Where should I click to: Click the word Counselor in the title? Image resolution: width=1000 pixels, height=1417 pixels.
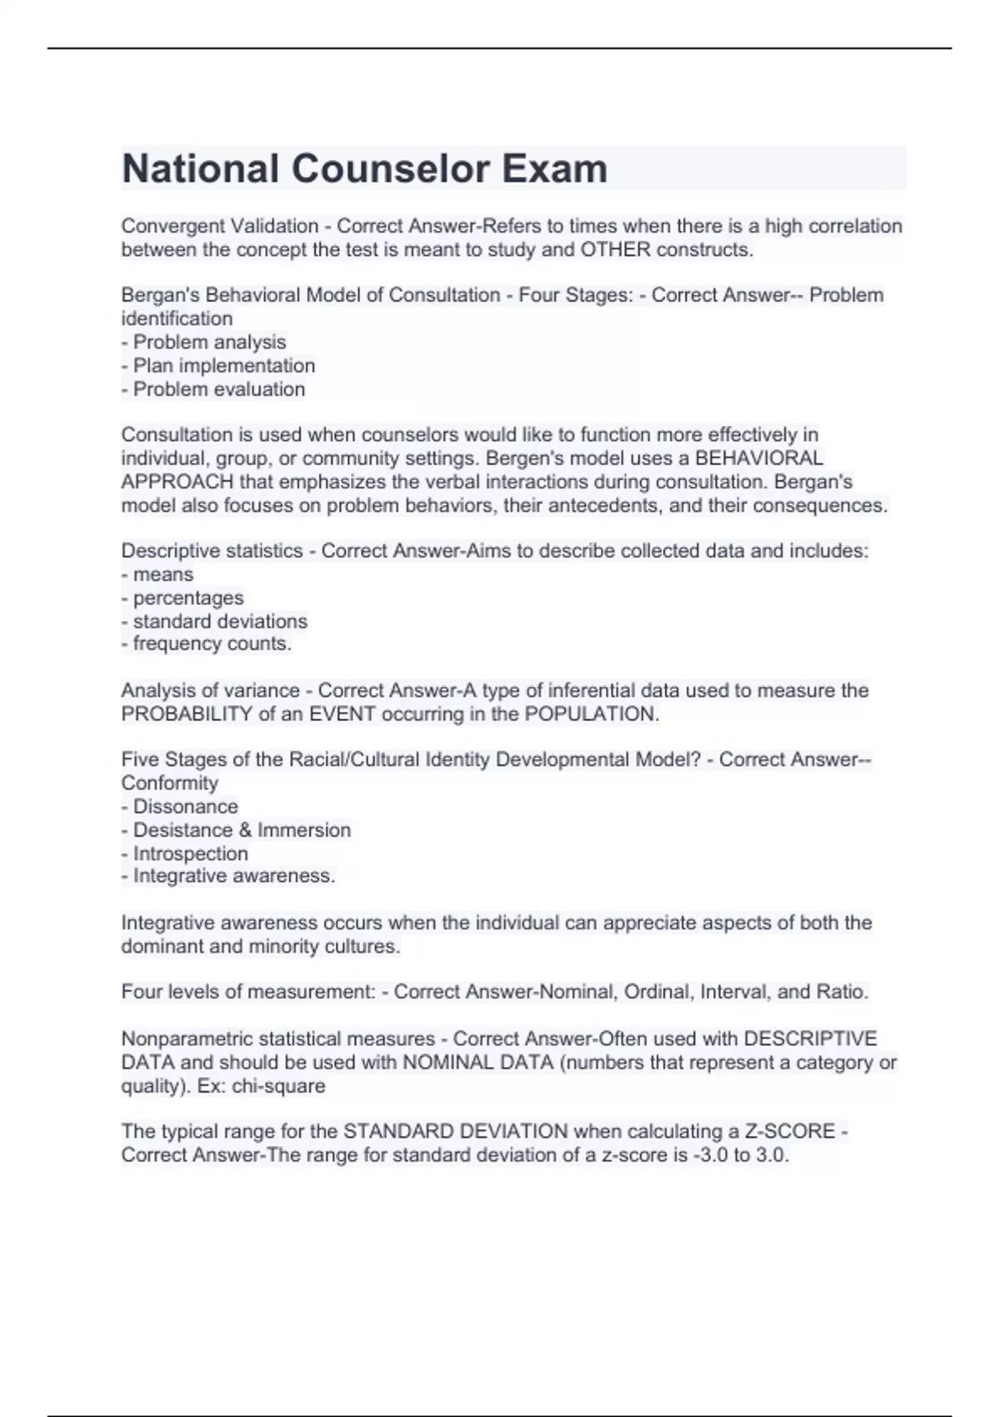tap(389, 169)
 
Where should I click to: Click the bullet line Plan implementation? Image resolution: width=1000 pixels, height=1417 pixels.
tap(223, 365)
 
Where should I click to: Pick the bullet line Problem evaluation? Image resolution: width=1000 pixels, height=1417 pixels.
tap(218, 388)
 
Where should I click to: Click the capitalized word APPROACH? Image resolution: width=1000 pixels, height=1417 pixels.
tap(177, 482)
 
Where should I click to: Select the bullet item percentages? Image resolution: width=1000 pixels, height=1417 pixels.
tap(188, 598)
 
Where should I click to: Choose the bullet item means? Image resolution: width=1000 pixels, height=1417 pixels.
tap(162, 574)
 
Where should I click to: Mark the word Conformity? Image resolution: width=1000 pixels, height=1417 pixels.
tap(169, 783)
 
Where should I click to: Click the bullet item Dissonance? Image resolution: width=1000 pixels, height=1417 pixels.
tap(185, 806)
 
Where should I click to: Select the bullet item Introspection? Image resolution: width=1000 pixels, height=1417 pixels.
tap(190, 853)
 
